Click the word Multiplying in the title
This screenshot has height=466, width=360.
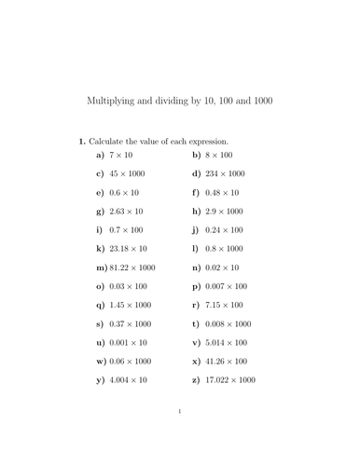pyautogui.click(x=111, y=100)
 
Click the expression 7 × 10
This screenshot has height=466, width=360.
pyautogui.click(x=122, y=154)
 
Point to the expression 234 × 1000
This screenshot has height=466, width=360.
pyautogui.click(x=225, y=173)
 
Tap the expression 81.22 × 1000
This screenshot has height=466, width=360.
pyautogui.click(x=133, y=267)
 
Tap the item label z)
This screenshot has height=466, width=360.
pyautogui.click(x=195, y=380)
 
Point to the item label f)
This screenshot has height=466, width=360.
pyautogui.click(x=195, y=192)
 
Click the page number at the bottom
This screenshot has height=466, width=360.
pyautogui.click(x=179, y=436)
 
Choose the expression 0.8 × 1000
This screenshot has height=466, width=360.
pyautogui.click(x=225, y=249)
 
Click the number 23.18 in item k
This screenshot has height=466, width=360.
pyautogui.click(x=120, y=249)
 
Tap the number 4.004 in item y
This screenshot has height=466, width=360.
pyautogui.click(x=120, y=380)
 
